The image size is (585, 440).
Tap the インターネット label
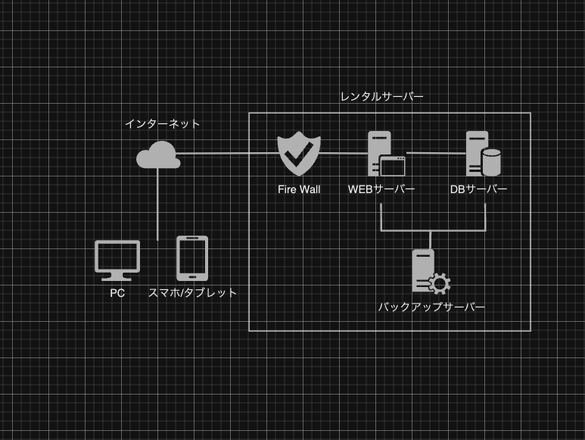click(x=163, y=123)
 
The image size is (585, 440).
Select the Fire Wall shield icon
click(x=299, y=154)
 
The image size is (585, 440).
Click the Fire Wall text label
click(x=299, y=189)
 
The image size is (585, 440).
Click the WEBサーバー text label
click(x=381, y=189)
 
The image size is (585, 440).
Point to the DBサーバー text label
click(x=478, y=189)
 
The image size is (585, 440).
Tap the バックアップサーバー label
click(x=431, y=307)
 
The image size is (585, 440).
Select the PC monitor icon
click(x=117, y=258)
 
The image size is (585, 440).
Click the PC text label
click(x=117, y=293)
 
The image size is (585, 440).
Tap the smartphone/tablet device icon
click(x=191, y=258)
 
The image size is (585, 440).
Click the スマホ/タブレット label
click(x=193, y=293)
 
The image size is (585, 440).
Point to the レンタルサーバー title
click(x=381, y=97)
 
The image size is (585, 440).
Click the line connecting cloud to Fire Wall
click(x=227, y=154)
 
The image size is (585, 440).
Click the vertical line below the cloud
click(x=157, y=204)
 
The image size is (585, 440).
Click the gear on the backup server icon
click(x=439, y=284)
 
